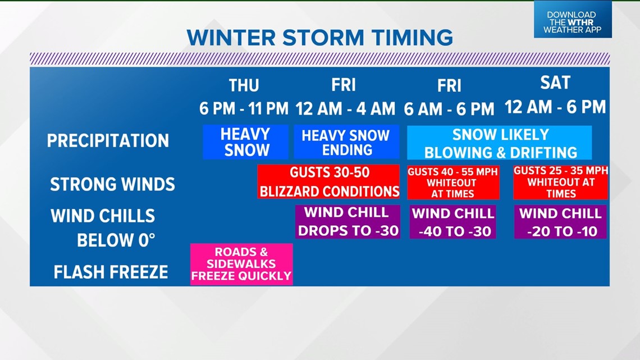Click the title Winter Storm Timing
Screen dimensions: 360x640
[319, 37]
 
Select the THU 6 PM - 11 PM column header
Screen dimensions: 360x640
[244, 97]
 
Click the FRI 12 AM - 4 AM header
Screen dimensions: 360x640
[343, 97]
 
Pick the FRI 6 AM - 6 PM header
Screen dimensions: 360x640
[449, 97]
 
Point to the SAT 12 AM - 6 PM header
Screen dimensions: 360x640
[555, 95]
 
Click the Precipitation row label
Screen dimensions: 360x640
[108, 140]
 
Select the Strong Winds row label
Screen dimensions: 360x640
[112, 184]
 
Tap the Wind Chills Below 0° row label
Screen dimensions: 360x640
[103, 227]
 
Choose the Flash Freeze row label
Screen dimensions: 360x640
[111, 272]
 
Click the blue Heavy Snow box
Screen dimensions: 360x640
[245, 142]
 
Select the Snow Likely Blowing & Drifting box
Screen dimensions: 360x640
[499, 143]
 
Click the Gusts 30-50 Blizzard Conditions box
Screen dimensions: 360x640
[328, 181]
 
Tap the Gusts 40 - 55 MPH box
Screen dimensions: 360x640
[452, 182]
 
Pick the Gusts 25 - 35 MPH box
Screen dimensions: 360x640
[560, 182]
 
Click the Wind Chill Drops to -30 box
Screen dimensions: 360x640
[348, 222]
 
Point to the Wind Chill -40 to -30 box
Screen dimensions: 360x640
[452, 222]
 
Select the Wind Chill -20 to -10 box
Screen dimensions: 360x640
[560, 222]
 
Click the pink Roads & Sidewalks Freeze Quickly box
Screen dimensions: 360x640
[241, 264]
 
